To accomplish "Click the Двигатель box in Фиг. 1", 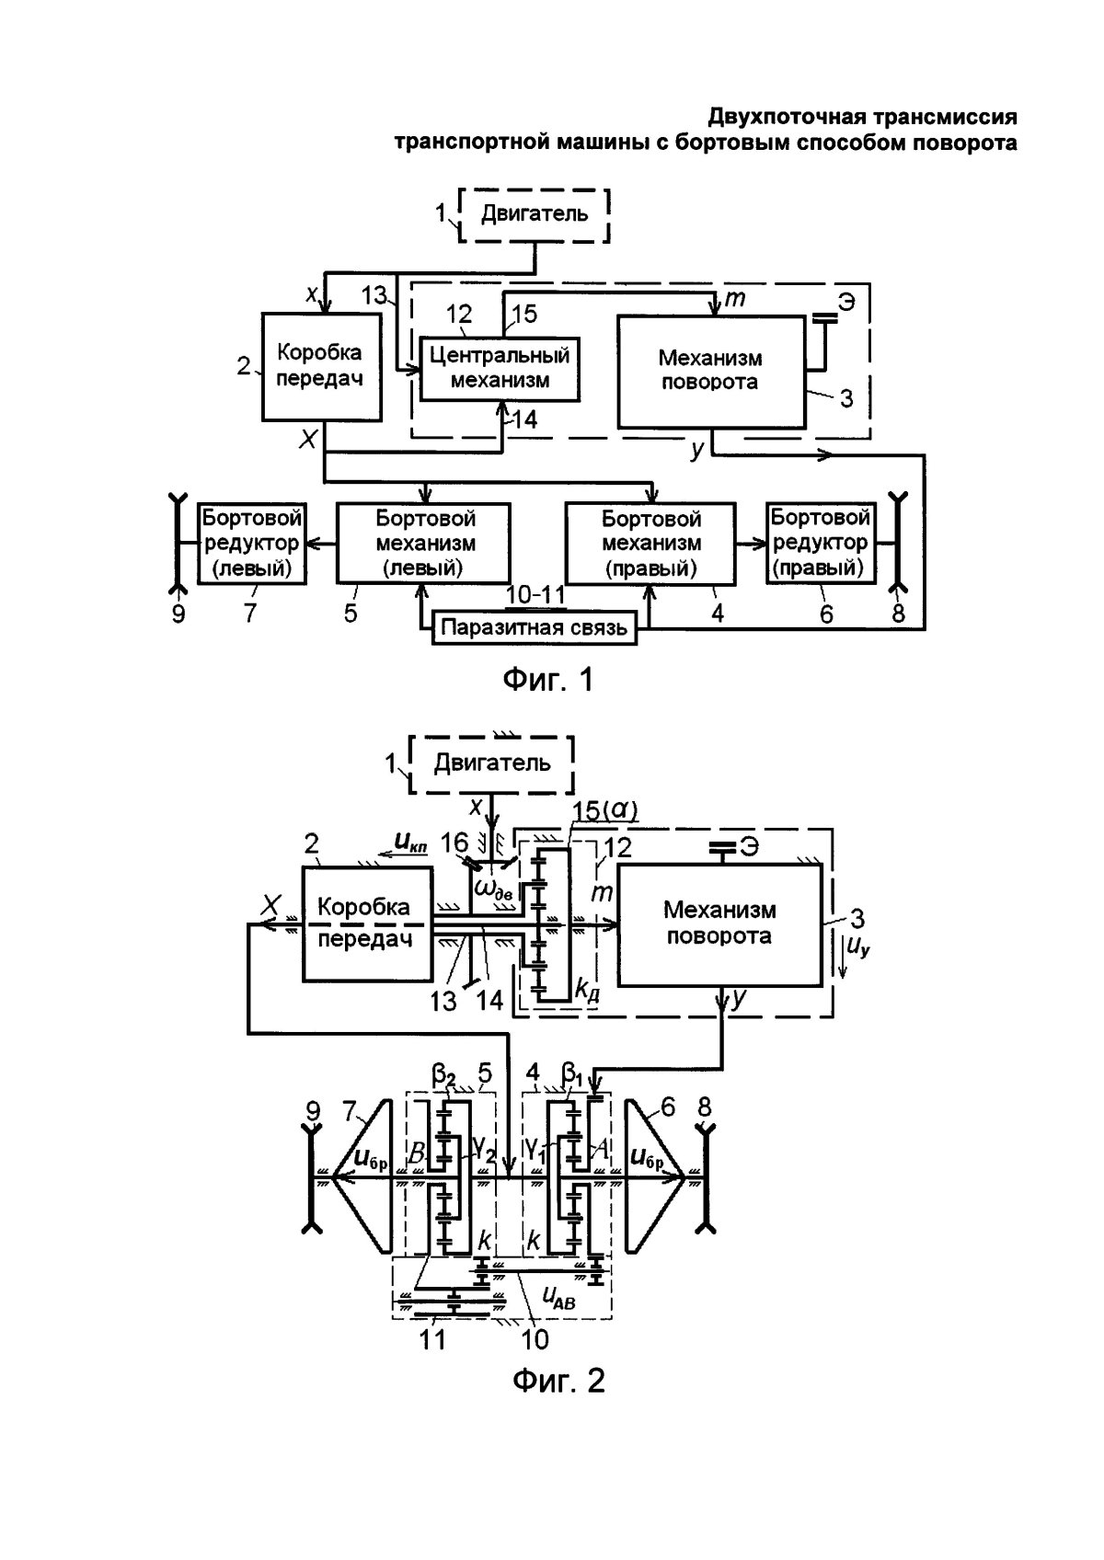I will pos(535,215).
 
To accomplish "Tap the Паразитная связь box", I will pos(535,628).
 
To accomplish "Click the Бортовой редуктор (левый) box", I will pos(252,543).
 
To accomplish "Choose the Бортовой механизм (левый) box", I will pos(424,543).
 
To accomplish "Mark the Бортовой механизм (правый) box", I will pos(650,543).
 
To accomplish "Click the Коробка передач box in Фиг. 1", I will pos(320,365).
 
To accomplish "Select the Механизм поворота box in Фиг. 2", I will pos(720,923).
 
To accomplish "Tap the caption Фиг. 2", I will pos(558,1380).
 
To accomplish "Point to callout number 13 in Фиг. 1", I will pos(374,295).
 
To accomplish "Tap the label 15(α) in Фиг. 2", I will pos(604,809).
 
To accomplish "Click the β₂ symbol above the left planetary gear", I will pos(444,1073).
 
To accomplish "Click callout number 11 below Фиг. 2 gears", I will pos(432,1338).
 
